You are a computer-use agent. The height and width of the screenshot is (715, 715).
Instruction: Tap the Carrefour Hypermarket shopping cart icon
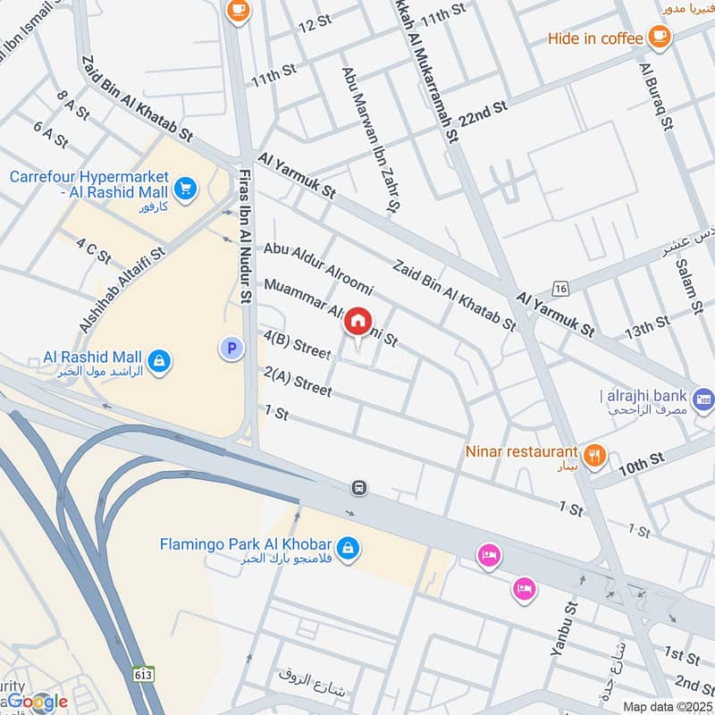pos(185,188)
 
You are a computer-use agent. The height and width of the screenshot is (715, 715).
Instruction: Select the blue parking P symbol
pos(231,349)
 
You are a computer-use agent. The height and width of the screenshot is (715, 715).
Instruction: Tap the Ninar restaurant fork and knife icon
pos(593,455)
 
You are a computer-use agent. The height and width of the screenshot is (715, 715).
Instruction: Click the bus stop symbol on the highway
pos(358,487)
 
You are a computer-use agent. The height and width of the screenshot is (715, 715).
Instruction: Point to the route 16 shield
pos(560,288)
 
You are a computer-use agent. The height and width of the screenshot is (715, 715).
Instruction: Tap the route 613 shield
pos(142,672)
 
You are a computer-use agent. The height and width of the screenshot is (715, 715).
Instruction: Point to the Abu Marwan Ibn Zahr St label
pos(367,139)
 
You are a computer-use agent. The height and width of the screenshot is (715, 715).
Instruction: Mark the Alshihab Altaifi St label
pos(122,290)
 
